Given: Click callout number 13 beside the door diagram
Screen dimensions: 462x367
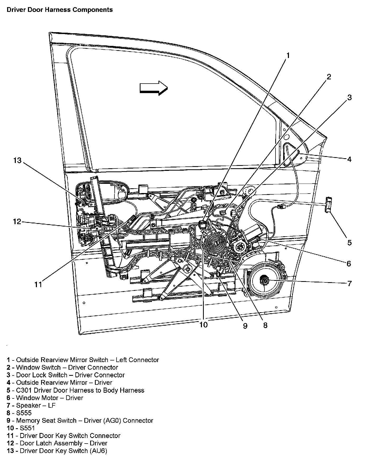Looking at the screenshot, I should [17, 160].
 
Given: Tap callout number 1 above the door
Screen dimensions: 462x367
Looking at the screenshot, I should [288, 55].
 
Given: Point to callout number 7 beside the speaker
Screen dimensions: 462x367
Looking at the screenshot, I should [349, 283].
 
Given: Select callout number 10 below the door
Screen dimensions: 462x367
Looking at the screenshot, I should [204, 325].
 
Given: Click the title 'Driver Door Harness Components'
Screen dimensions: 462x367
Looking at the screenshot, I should [60, 10].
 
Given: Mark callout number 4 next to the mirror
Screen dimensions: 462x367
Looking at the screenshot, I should [349, 159].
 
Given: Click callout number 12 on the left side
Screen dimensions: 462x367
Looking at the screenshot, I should [17, 222].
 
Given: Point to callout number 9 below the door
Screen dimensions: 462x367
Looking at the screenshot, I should [245, 326].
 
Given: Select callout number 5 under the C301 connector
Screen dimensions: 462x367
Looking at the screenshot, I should [349, 243].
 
